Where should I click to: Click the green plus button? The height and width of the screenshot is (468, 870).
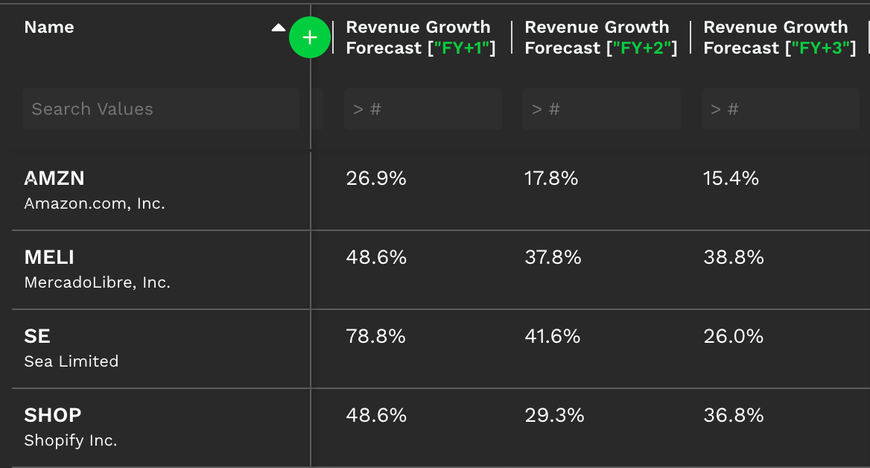(x=310, y=37)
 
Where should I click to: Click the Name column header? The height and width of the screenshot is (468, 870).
(x=49, y=28)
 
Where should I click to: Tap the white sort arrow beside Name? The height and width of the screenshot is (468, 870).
(x=278, y=28)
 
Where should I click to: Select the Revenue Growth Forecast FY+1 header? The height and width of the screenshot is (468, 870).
(x=420, y=37)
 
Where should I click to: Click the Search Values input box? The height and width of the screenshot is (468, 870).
(x=160, y=109)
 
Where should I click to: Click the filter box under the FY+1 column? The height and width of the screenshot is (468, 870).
(x=422, y=109)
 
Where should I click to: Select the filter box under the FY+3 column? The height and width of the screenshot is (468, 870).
(x=780, y=109)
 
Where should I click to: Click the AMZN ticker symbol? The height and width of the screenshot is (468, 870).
(x=54, y=178)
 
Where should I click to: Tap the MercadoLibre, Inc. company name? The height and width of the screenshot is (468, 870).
(x=97, y=282)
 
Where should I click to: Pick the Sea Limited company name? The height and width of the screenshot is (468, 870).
(x=72, y=361)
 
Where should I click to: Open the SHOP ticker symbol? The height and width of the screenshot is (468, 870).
(x=53, y=415)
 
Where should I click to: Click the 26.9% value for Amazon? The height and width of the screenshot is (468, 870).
(x=376, y=178)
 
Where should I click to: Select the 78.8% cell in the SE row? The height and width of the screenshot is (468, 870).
(x=376, y=336)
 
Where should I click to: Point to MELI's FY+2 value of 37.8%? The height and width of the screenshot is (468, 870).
(x=553, y=257)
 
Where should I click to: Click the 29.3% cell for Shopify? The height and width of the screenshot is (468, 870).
(x=554, y=415)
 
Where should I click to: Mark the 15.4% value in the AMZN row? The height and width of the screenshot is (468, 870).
(x=731, y=178)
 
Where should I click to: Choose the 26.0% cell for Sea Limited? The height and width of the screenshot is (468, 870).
(x=733, y=336)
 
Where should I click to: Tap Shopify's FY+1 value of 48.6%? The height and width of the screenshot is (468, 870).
(x=376, y=415)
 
